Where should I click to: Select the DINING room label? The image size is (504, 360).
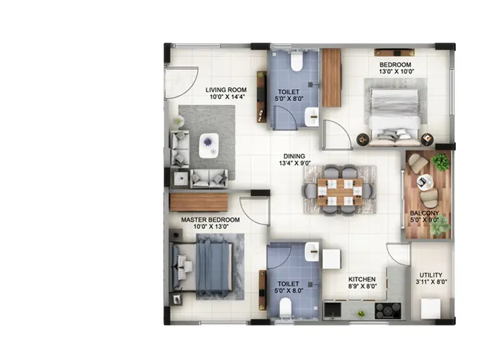click(294, 156)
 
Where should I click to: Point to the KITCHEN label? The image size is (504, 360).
click(361, 278)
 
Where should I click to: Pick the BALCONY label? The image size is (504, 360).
click(424, 214)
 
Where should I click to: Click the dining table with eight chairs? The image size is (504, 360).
click(340, 190)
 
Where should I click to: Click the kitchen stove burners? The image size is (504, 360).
click(388, 311)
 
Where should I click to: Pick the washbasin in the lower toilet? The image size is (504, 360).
click(312, 251)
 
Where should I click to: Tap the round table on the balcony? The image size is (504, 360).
click(426, 181)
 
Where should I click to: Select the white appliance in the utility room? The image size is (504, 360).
click(431, 308)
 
